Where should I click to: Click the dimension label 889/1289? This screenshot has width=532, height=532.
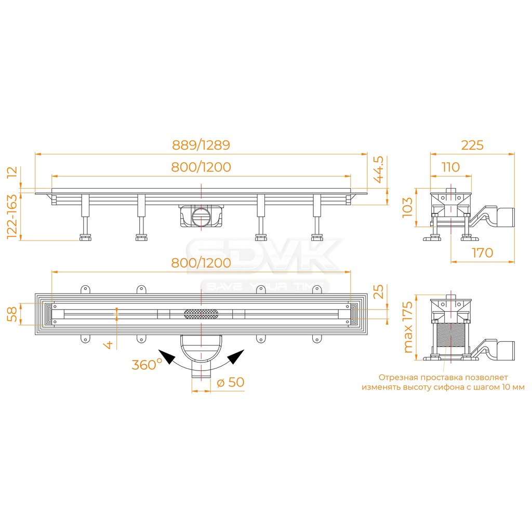pos(201,145)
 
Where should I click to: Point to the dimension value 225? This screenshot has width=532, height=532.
pos(472,145)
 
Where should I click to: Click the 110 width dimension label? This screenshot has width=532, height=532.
pos(450,167)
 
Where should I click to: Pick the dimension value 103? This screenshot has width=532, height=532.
pos(408,207)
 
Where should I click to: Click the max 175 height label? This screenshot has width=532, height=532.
pos(408,327)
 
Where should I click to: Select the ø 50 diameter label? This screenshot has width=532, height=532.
pos(230,382)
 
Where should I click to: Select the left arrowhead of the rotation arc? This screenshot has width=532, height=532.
pos(167,357)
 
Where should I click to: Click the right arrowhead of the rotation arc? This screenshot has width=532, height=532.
pos(235,357)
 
